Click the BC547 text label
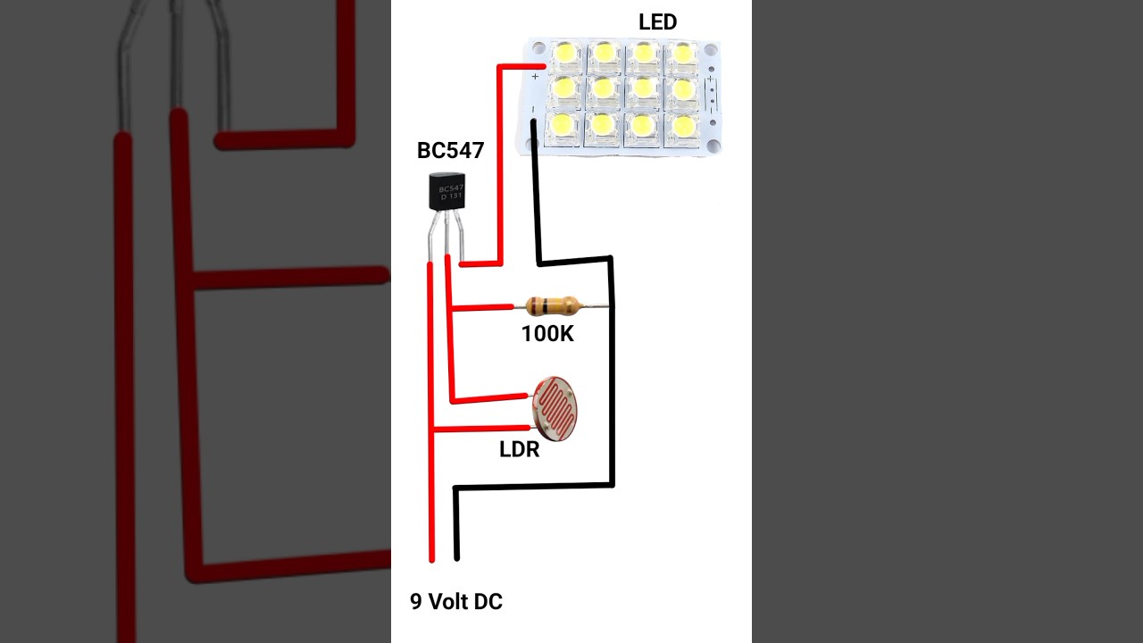[x=450, y=151]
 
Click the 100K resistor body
[x=548, y=306]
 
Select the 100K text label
[x=547, y=335]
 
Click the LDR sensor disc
[x=555, y=409]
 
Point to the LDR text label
[x=519, y=450]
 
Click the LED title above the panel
[x=657, y=23]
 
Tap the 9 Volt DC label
[x=455, y=602]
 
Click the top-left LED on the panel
[x=564, y=54]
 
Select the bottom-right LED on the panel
[x=684, y=125]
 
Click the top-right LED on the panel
[x=684, y=54]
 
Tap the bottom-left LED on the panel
[x=563, y=125]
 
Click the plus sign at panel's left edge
[x=535, y=78]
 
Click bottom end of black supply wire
[x=457, y=556]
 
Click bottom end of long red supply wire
[x=432, y=558]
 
